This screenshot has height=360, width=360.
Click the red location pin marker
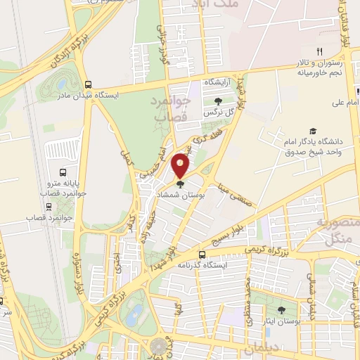[x=181, y=165]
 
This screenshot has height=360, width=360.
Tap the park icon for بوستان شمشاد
[x=181, y=184]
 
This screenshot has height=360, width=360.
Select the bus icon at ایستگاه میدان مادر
[x=88, y=82]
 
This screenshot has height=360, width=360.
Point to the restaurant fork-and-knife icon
[x=319, y=51]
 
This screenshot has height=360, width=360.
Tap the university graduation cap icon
[x=312, y=131]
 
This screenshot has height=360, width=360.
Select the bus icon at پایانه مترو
[x=63, y=172]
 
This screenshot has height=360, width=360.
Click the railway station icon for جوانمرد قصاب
[x=49, y=207]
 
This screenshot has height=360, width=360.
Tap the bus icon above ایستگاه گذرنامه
[x=202, y=255]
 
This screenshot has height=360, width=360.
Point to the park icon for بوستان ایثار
[x=282, y=310]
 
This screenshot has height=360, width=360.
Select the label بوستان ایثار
[x=282, y=321]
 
